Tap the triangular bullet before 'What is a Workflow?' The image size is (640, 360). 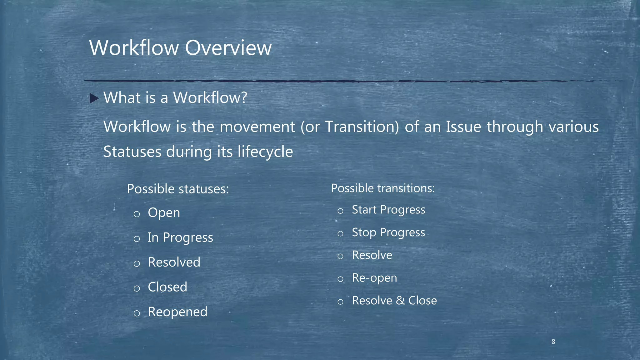point(94,98)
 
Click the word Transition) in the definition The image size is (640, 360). point(362,127)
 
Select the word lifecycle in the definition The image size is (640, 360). point(265,152)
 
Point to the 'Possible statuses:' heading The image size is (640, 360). point(178,189)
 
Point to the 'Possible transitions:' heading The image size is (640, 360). point(383,188)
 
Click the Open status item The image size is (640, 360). point(164,213)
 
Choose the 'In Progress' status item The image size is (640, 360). point(180,237)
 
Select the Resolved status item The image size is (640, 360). point(174,262)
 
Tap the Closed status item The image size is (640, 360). point(167,287)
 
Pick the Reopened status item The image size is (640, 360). point(177,312)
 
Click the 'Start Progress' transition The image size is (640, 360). point(388,210)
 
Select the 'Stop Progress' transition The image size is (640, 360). point(388,232)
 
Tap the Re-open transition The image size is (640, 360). point(374,278)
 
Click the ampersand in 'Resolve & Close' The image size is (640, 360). point(400,301)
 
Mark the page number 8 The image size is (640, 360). point(553,342)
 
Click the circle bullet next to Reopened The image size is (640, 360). point(137,313)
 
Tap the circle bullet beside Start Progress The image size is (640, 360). point(341,211)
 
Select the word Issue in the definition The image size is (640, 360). point(463,127)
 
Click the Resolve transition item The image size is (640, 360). point(372,255)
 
